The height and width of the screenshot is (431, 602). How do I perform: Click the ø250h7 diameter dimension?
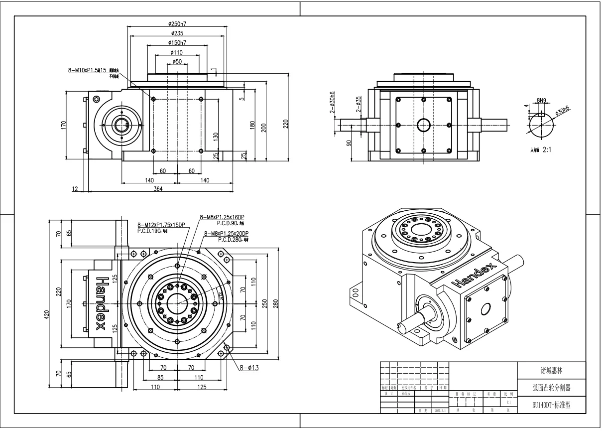coord(177,23)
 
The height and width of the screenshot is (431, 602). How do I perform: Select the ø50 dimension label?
coord(177,61)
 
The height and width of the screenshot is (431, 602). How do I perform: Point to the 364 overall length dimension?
coord(158,188)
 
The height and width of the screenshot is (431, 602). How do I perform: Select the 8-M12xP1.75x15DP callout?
coord(161,225)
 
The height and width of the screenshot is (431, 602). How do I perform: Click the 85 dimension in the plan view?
coord(160,377)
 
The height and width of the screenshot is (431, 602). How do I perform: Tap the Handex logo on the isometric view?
coord(475,276)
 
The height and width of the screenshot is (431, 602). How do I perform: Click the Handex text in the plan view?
coord(101,303)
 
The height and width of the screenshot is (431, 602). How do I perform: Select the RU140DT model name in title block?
coord(551,405)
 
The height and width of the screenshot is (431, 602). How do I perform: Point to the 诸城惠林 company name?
coord(551,371)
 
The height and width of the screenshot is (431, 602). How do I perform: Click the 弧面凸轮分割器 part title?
coord(551,387)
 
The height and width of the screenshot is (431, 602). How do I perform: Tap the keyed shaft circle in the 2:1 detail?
coord(541,125)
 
